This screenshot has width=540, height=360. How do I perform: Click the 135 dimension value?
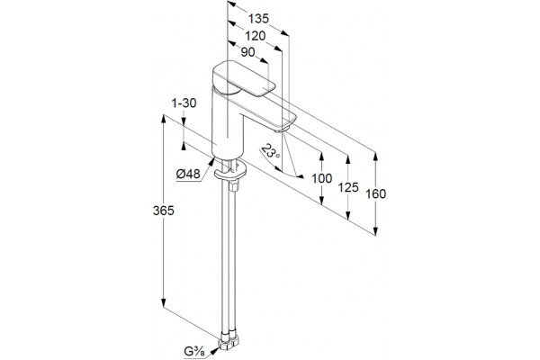coord(258,19)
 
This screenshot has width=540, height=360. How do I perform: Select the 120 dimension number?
coord(256,36)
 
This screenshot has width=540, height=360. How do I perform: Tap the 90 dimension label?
coord(248,52)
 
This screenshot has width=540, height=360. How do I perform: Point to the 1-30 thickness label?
coord(184,103)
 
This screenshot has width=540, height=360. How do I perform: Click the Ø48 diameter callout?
coord(188,175)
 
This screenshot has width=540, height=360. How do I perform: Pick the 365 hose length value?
coord(164,211)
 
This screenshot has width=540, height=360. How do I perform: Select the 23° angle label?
coord(271,151)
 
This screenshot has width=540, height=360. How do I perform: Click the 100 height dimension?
coord(322,178)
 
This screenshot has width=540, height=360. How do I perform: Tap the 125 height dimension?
coord(348,187)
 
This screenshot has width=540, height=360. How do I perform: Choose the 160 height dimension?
coord(375,194)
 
